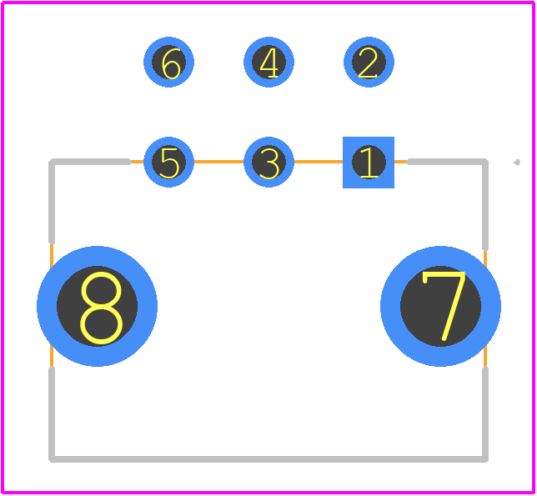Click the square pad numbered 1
pyautogui.click(x=369, y=163)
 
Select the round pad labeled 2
pyautogui.click(x=369, y=62)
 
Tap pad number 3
pyautogui.click(x=268, y=163)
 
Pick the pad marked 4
pyautogui.click(x=268, y=62)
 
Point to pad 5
pyautogui.click(x=168, y=163)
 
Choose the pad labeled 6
pyautogui.click(x=168, y=62)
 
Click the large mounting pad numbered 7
pyautogui.click(x=441, y=306)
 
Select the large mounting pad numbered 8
pyautogui.click(x=98, y=306)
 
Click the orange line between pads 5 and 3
pyautogui.click(x=218, y=162)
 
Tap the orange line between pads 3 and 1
pyautogui.click(x=319, y=162)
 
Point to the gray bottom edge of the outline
pyautogui.click(x=268, y=459)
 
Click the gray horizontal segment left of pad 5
pyautogui.click(x=90, y=162)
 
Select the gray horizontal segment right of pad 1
pyautogui.click(x=448, y=162)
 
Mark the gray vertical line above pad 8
pyautogui.click(x=52, y=202)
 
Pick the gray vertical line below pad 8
pyautogui.click(x=52, y=414)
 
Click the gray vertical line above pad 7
pyautogui.click(x=485, y=205)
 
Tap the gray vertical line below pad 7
pyautogui.click(x=485, y=414)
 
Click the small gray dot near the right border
pyautogui.click(x=517, y=163)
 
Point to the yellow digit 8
pyautogui.click(x=102, y=308)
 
